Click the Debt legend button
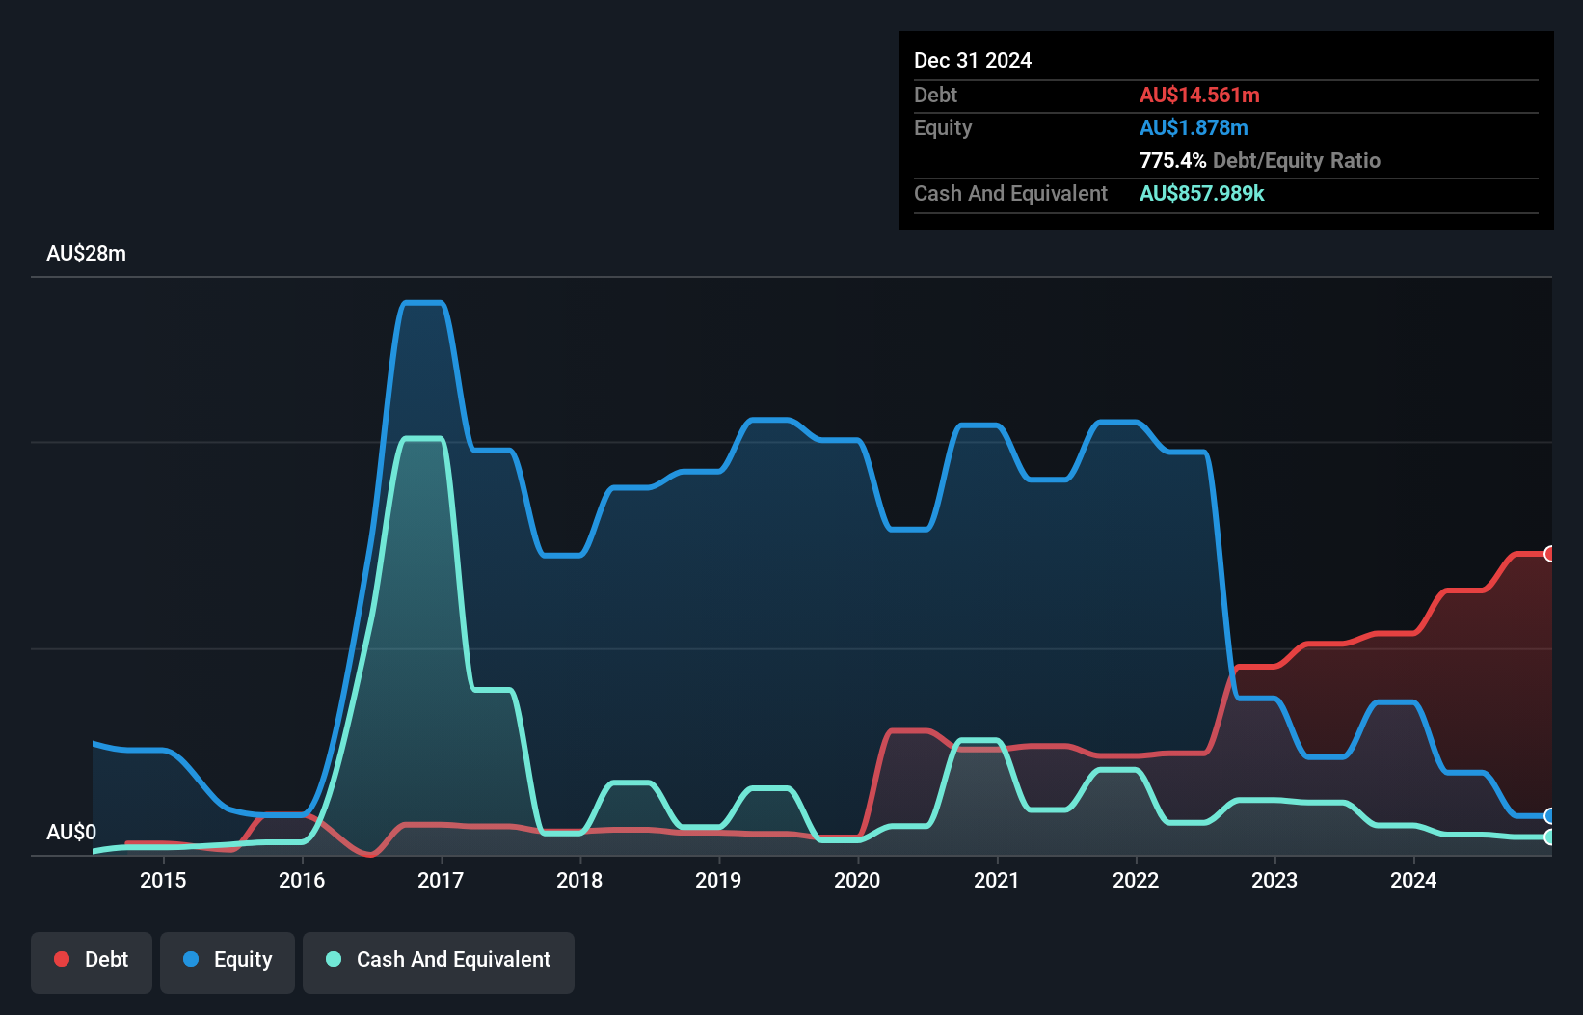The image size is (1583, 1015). click(92, 960)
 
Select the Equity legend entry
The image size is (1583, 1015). click(228, 960)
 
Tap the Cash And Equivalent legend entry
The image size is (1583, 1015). click(439, 960)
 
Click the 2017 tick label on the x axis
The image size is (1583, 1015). click(441, 880)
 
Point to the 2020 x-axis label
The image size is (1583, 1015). click(857, 880)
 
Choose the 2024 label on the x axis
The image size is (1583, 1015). click(1413, 880)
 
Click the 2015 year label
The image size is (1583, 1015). click(163, 880)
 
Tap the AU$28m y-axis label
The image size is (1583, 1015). click(86, 253)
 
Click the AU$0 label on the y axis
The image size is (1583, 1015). click(71, 832)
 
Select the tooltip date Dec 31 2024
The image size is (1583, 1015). click(972, 60)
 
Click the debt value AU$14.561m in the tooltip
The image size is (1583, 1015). click(1199, 95)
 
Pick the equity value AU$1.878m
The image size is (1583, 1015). click(1194, 127)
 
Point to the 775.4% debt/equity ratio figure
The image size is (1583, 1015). click(1172, 160)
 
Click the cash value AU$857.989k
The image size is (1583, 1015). click(1201, 193)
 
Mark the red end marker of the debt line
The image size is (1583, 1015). click(1549, 554)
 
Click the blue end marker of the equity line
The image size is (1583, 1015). click(1549, 816)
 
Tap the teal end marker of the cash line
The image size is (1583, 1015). click(1549, 837)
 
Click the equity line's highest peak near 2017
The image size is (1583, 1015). click(422, 303)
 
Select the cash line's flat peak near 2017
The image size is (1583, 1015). click(422, 439)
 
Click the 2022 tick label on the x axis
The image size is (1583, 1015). click(1136, 880)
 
